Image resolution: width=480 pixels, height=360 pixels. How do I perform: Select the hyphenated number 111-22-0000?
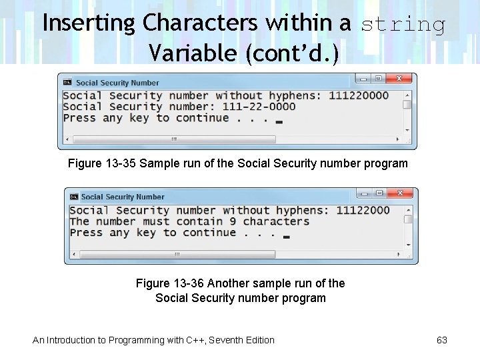point(255,107)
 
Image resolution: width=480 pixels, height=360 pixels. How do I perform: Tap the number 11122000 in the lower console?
point(363,210)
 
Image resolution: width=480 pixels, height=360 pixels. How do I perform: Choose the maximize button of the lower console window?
point(379,193)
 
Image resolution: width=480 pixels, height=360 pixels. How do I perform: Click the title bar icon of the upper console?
point(67,83)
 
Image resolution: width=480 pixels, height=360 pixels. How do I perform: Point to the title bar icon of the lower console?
point(74,197)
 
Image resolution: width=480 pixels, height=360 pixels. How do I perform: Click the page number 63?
point(442,340)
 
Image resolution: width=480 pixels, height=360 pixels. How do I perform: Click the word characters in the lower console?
point(276,221)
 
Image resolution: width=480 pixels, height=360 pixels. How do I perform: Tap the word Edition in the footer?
point(257,340)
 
